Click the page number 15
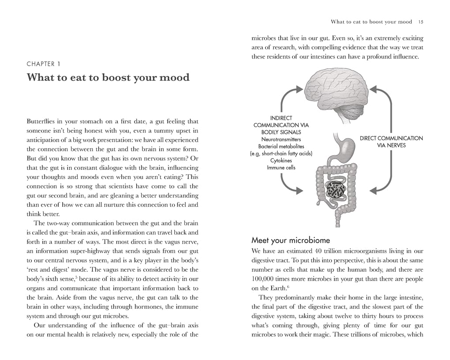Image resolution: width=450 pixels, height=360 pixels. click(x=421, y=22)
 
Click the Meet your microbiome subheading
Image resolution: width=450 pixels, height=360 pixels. click(x=291, y=240)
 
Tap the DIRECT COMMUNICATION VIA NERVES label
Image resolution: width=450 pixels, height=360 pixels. click(x=391, y=142)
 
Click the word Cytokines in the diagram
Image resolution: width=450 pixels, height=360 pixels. click(x=281, y=161)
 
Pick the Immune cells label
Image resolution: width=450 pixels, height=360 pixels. click(x=281, y=168)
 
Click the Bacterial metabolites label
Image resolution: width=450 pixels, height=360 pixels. click(x=281, y=146)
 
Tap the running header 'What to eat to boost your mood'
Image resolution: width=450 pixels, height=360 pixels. click(x=371, y=22)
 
